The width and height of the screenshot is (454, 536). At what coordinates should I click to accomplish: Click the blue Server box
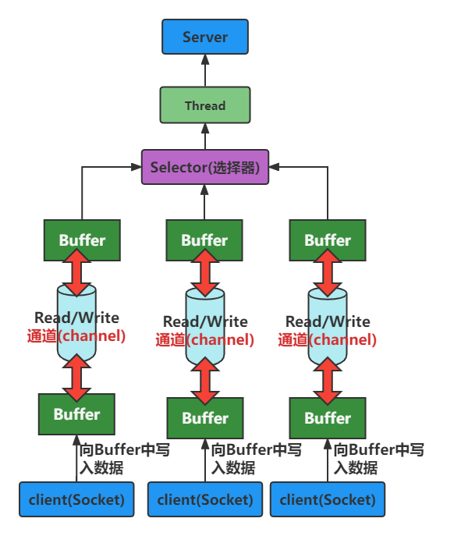tap(204, 37)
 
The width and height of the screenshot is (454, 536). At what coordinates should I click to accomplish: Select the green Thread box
tap(204, 105)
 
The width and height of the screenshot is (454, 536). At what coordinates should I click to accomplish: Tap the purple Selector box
tap(204, 167)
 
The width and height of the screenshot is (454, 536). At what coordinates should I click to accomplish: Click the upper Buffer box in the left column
tap(82, 240)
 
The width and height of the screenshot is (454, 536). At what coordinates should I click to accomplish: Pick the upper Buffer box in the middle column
tap(204, 240)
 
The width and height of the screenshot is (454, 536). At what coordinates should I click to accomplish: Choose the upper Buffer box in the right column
tap(327, 240)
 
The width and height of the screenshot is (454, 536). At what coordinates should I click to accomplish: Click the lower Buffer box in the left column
tap(76, 414)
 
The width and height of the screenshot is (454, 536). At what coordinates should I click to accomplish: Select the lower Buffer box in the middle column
tap(205, 417)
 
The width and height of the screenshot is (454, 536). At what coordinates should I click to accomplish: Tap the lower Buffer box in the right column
tap(328, 417)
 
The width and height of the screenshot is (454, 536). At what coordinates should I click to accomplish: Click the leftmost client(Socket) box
tap(76, 499)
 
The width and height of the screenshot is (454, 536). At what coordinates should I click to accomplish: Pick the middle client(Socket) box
tap(205, 499)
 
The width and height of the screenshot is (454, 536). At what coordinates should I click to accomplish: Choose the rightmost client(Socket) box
tap(328, 499)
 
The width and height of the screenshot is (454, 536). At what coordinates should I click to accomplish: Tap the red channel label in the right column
tap(328, 339)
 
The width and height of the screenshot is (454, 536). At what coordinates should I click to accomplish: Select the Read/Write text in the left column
tap(76, 318)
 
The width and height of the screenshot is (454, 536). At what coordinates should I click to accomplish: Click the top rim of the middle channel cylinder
tap(205, 295)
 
